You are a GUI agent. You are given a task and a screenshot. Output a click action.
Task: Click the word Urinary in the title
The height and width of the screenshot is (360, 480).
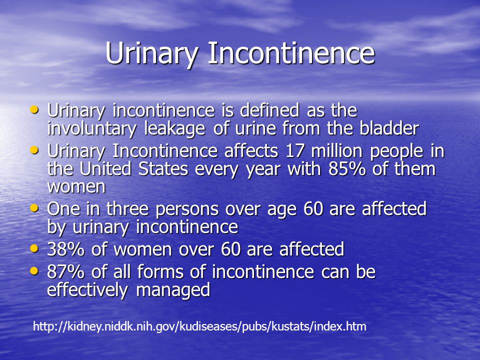151,53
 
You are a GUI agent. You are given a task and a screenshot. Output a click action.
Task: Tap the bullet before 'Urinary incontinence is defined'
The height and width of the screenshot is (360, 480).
34,109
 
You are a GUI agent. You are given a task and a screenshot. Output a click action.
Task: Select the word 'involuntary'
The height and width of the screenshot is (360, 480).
91,129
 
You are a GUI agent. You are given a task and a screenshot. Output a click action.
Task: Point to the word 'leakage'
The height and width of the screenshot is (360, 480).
174,129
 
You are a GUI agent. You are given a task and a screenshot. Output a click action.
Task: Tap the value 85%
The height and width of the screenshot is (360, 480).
347,169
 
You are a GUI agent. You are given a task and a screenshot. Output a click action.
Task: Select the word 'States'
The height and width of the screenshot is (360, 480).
163,169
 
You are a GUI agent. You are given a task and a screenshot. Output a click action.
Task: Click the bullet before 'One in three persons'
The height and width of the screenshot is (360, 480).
34,208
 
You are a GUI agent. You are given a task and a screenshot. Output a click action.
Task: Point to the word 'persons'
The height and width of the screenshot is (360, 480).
186,209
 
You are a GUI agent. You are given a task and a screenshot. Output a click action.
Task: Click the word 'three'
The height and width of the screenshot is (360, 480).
127,209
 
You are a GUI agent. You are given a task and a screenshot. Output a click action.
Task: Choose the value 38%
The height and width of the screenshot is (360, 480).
66,249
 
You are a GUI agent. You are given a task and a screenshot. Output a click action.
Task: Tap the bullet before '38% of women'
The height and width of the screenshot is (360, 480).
34,248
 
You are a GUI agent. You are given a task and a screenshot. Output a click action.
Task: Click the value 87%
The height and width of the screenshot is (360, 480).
66,271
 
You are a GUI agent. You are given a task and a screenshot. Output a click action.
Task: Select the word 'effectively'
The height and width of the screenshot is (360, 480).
87,290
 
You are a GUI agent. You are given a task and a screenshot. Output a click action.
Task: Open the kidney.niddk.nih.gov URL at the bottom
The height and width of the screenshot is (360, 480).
199,326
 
